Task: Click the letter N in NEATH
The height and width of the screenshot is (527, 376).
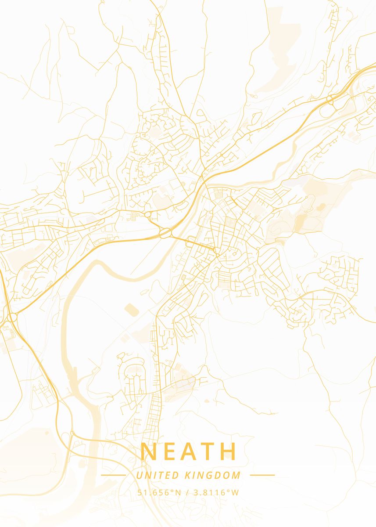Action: tap(150, 451)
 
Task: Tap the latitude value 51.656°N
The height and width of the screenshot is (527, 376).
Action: tap(159, 492)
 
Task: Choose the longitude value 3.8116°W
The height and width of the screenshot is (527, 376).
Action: tap(215, 492)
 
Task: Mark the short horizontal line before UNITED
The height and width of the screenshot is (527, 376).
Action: tap(113, 475)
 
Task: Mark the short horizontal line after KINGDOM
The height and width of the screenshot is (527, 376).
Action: tap(262, 475)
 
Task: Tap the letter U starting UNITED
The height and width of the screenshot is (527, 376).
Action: tap(139, 475)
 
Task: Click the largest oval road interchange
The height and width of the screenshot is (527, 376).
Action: tap(166, 233)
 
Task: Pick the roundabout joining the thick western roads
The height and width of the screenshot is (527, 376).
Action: tap(12, 317)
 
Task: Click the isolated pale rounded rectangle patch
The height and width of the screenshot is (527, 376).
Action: tap(131, 310)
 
